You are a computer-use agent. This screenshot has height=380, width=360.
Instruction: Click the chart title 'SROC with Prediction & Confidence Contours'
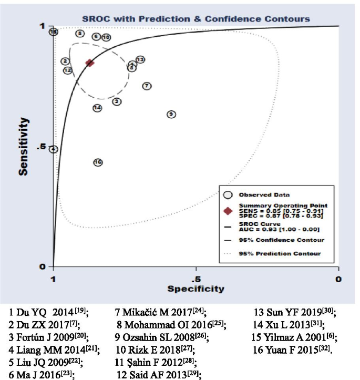point(196,18)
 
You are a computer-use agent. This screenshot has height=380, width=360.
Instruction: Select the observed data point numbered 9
point(171,114)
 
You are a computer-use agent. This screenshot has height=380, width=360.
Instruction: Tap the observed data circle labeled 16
point(98,162)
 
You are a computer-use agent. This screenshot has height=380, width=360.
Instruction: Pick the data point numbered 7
point(147,86)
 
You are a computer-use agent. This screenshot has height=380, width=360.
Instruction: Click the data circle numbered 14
point(97,108)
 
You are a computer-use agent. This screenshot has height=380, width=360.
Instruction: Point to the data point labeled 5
point(80,34)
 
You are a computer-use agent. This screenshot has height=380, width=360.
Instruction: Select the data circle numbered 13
point(140,60)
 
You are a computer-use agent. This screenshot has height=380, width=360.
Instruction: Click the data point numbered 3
point(117,101)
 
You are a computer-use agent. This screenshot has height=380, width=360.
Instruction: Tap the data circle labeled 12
point(68,70)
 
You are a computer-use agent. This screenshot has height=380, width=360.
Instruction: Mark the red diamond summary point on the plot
point(90,63)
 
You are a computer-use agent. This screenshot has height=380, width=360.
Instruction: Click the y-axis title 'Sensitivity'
point(23,147)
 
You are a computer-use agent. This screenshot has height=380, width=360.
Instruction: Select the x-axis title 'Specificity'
point(196,289)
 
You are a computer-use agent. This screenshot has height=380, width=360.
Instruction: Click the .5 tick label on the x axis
point(196,278)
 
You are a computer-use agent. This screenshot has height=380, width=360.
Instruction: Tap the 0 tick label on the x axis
point(339,278)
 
